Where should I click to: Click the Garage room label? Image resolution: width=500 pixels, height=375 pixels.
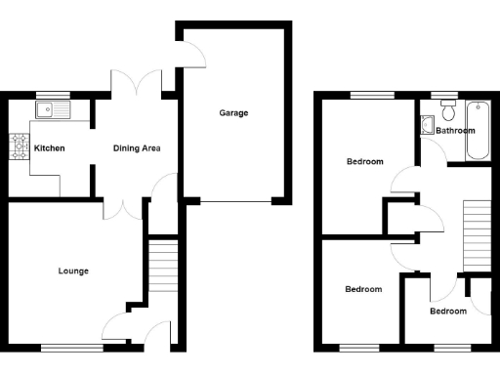click(233, 113)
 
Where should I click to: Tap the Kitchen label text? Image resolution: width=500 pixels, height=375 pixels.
click(50, 148)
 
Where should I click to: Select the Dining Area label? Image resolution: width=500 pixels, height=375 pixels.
click(137, 148)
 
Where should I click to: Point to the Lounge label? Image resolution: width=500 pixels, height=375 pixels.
click(73, 271)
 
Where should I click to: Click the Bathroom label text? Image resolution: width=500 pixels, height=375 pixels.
click(455, 130)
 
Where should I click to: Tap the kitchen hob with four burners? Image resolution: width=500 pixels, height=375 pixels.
click(19, 147)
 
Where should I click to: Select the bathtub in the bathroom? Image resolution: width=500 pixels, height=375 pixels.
click(479, 130)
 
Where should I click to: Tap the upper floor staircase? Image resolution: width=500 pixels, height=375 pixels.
click(475, 234)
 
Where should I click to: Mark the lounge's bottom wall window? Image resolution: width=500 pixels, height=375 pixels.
click(71, 347)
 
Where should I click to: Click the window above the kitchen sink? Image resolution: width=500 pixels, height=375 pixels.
click(48, 95)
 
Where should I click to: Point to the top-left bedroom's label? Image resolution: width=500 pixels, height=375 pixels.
click(364, 161)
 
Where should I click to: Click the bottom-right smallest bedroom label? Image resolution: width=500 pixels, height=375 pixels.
click(449, 311)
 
